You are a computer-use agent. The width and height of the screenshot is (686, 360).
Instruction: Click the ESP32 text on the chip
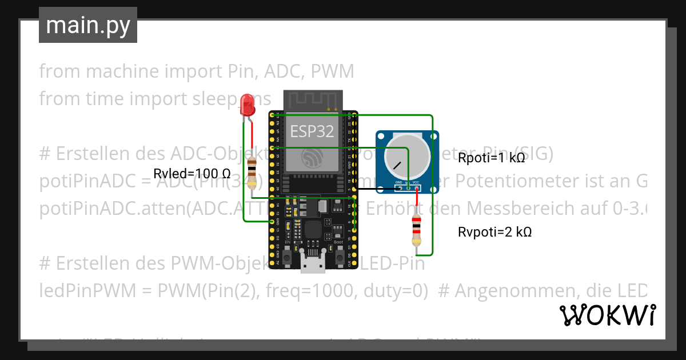(312, 131)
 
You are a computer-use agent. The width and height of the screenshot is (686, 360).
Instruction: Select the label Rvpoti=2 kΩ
(495, 232)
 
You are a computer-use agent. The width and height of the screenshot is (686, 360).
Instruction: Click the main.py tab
(88, 26)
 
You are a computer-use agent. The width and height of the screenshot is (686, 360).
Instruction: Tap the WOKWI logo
(607, 315)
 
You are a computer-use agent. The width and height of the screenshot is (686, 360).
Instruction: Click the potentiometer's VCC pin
(416, 187)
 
